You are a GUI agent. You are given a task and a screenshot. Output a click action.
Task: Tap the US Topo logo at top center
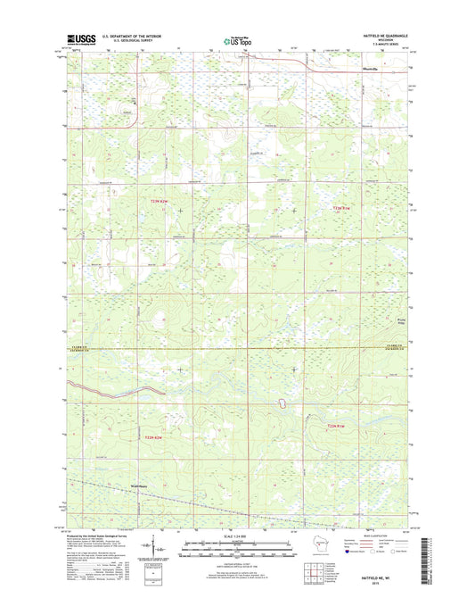237,39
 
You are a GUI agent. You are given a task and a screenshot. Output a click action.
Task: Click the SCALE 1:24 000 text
237,536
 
